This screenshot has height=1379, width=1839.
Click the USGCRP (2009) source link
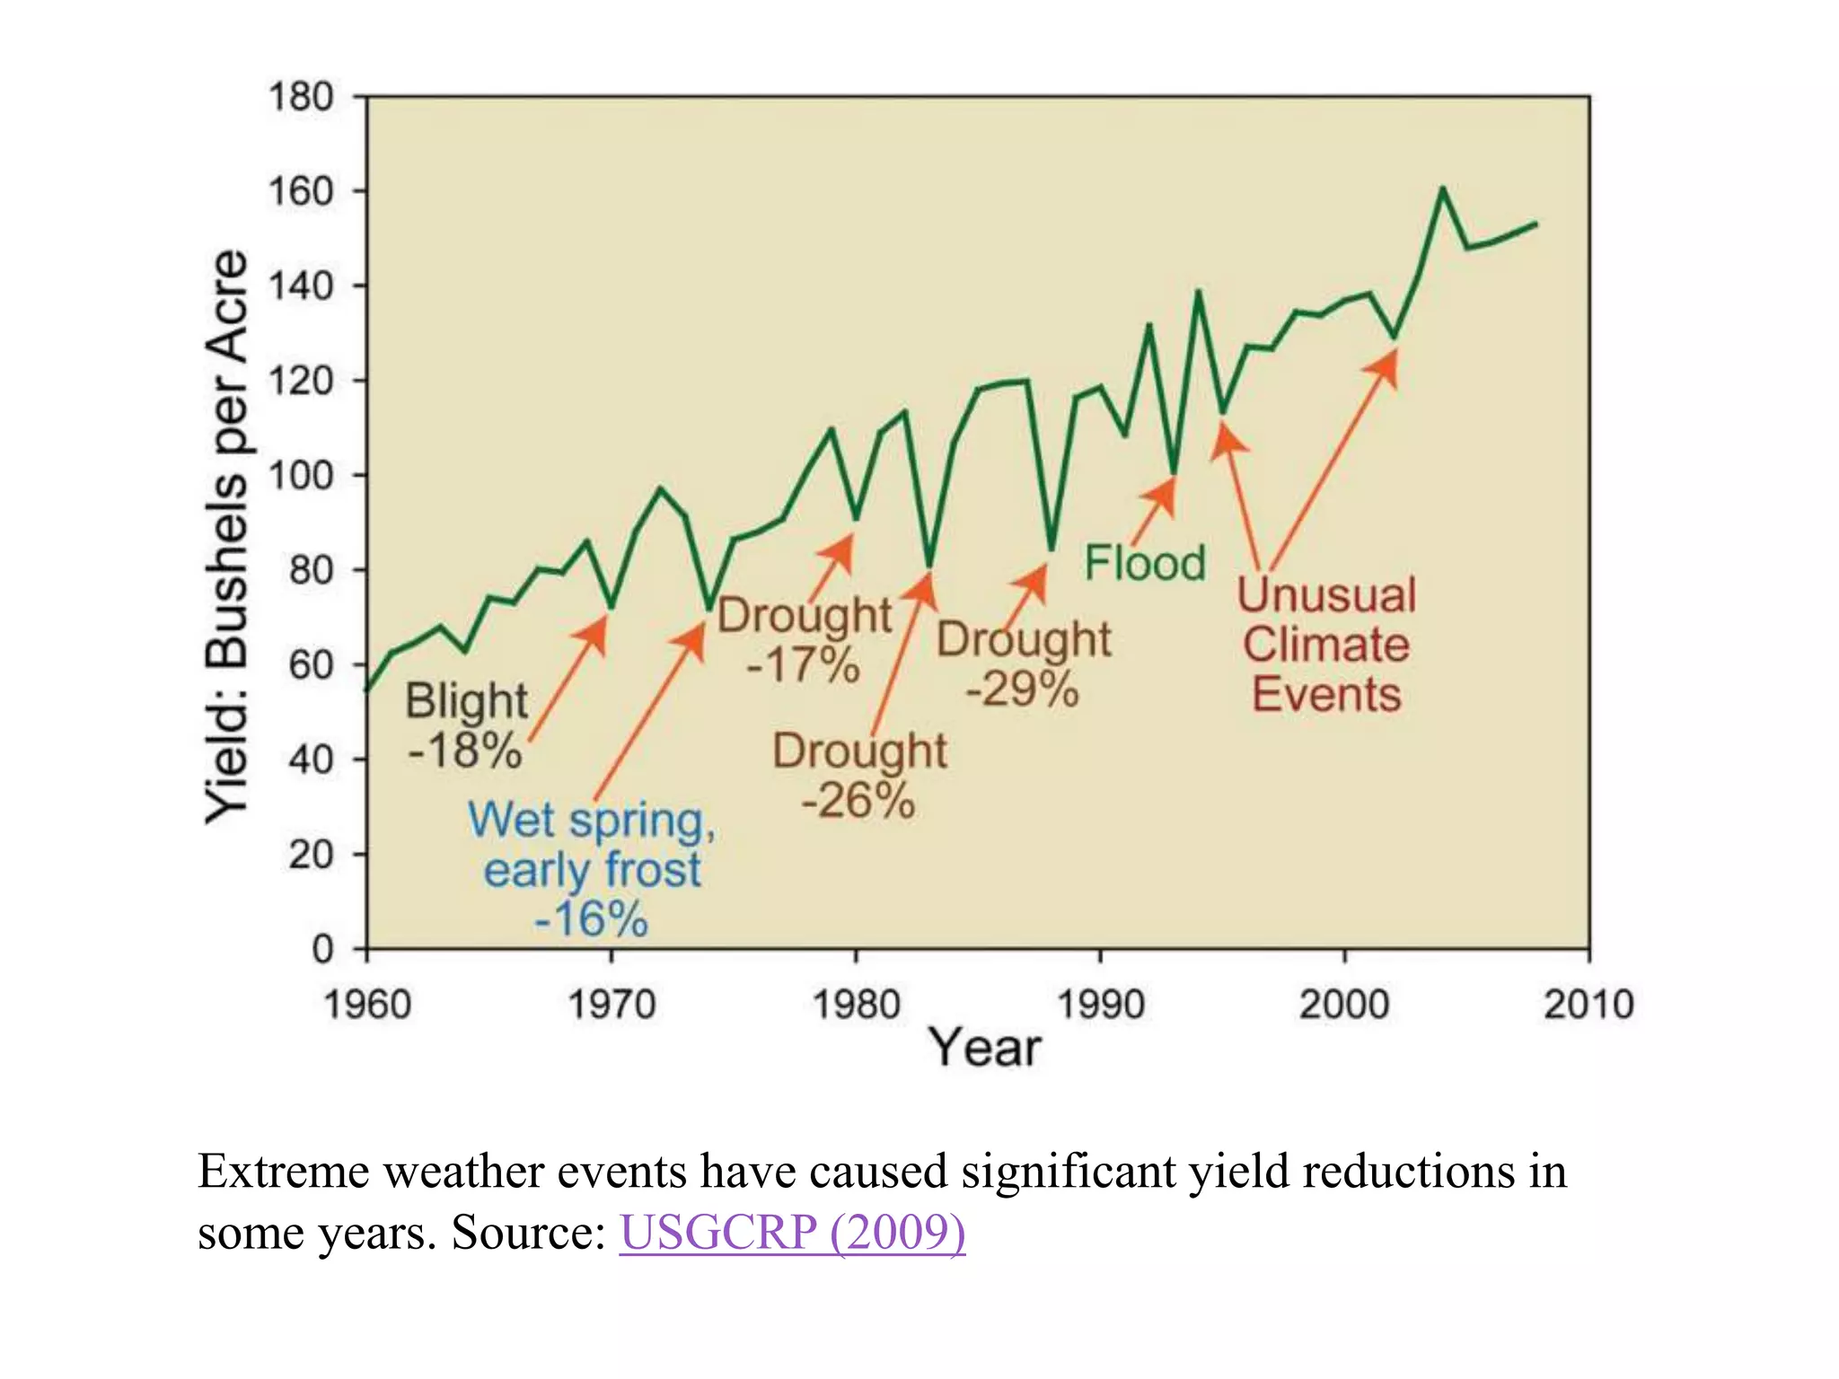(792, 1232)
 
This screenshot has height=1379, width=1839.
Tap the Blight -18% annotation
(465, 725)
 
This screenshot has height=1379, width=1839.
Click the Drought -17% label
(804, 639)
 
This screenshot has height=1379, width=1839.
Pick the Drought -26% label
(859, 775)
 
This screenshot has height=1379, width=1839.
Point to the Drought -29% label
(1024, 663)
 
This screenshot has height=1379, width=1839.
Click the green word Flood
(1144, 563)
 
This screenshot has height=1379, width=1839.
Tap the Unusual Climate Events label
(1326, 645)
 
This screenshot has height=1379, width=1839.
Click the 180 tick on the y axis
(301, 97)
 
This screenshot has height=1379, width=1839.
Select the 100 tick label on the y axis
(301, 475)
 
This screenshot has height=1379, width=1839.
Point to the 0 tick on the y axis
(322, 948)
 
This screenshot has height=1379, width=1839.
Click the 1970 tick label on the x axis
(612, 1004)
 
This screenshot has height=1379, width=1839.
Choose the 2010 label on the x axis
(1588, 1004)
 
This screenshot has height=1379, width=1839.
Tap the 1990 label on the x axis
(1100, 1004)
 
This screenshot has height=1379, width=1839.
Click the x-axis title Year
(985, 1048)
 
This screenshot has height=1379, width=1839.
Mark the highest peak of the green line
(1442, 189)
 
